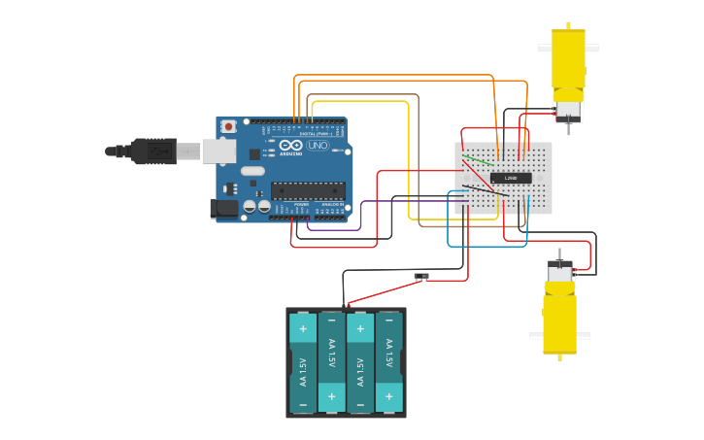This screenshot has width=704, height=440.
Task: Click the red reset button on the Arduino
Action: tap(228, 126)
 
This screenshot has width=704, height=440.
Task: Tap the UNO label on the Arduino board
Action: tap(318, 146)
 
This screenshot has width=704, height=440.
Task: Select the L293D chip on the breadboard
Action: tap(511, 178)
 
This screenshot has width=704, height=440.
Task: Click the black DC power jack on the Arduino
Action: tap(224, 208)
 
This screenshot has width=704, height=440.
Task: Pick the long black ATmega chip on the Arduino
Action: tap(307, 190)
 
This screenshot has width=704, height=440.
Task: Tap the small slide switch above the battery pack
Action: tap(420, 277)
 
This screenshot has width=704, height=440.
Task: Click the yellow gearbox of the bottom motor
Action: tap(559, 324)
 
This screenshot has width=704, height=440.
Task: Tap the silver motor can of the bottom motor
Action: tap(559, 273)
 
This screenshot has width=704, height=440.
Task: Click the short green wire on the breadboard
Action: tap(476, 159)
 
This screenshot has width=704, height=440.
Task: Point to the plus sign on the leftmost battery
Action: tap(303, 328)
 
